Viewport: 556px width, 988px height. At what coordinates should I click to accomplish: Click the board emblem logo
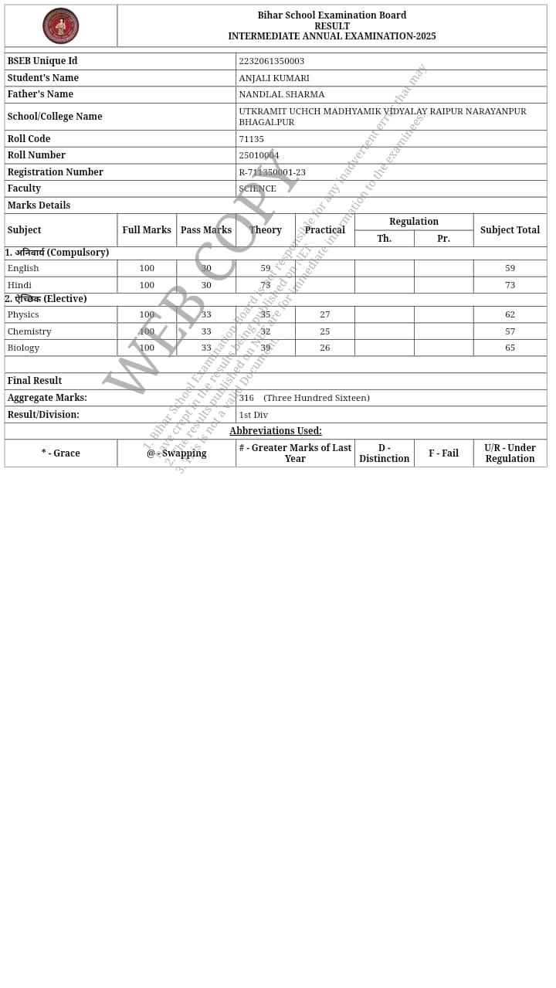coord(60,25)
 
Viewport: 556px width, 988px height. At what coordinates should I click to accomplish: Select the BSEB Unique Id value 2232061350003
coord(271,61)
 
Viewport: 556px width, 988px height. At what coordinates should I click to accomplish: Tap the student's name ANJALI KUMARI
coord(274,78)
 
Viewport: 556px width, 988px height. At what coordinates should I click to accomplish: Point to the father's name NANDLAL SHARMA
coord(282,94)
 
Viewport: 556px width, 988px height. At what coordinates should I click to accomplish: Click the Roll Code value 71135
coord(251,139)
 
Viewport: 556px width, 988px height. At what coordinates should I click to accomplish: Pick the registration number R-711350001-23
coord(272,172)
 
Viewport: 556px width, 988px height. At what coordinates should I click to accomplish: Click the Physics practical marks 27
coord(324,314)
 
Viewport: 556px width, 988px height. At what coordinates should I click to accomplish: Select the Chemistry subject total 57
coord(510,331)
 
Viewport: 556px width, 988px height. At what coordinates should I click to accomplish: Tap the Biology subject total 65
coord(510,348)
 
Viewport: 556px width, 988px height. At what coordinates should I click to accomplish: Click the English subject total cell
coord(510,268)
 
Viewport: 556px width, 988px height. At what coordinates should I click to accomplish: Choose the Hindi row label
coord(19,285)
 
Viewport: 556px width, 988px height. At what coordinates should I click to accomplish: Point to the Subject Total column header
coord(510,230)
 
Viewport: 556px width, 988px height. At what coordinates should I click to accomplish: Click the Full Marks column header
coord(147,230)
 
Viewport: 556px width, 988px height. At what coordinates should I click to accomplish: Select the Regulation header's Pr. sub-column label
coord(443,239)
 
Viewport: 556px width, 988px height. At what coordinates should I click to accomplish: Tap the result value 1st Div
coord(253,415)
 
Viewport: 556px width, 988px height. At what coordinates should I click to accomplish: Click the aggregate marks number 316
coord(246,398)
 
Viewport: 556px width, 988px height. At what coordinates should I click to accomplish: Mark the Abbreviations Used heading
coord(276,431)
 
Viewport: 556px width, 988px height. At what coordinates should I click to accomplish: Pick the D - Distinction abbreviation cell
coord(384,453)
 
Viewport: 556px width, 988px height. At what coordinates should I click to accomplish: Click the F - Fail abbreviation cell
coord(443,453)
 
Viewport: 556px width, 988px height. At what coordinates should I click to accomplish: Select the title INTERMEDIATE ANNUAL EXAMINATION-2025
coord(331,36)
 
